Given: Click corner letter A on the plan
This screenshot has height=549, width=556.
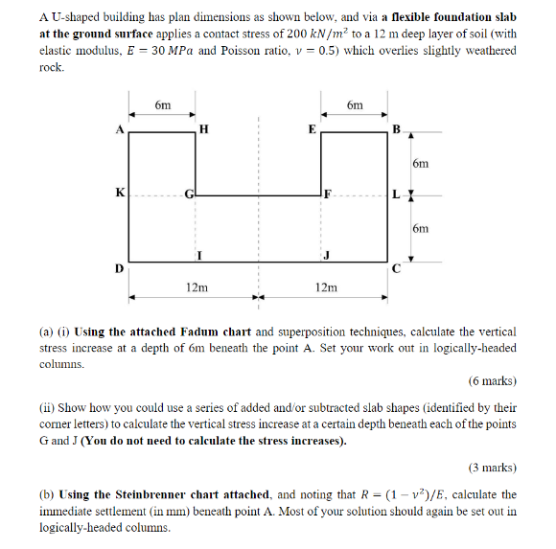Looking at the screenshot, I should click(x=120, y=128).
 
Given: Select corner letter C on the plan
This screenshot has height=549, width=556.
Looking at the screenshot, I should click(x=395, y=268).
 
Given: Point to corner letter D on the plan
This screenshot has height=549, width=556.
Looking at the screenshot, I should click(x=119, y=268).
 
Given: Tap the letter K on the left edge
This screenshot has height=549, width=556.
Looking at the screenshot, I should click(x=119, y=193).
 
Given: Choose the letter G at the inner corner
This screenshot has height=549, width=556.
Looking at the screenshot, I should click(x=190, y=194).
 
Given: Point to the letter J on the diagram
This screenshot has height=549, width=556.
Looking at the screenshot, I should click(x=327, y=254).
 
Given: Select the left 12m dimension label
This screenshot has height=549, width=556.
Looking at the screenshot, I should click(x=197, y=286).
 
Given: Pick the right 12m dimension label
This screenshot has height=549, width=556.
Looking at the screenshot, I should click(x=326, y=286).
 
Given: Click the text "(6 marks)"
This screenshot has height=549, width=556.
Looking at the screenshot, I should click(x=491, y=381).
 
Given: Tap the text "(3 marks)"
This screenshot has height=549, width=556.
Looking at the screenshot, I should click(x=491, y=469).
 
